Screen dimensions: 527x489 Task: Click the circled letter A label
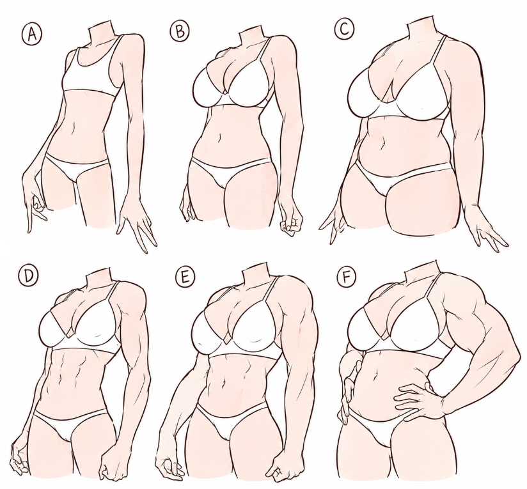coord(32,35)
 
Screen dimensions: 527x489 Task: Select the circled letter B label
coord(180,31)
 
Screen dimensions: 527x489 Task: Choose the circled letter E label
coord(185,278)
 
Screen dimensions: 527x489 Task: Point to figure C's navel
coord(382,143)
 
